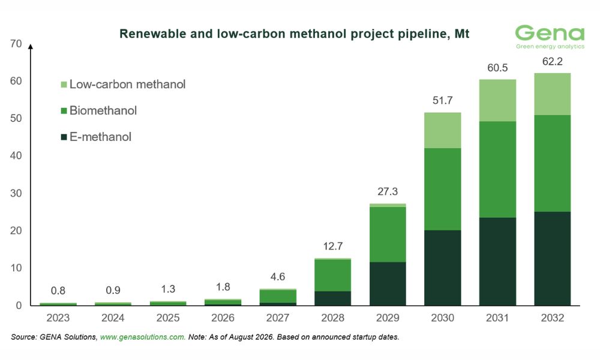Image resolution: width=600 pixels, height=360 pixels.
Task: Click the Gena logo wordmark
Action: pos(550,33)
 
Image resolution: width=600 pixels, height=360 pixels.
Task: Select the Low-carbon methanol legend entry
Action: pos(123,84)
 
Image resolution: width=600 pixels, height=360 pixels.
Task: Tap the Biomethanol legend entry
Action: pos(99,110)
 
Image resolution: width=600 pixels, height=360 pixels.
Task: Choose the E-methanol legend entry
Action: pos(96,137)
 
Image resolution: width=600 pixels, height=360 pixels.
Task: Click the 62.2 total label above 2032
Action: pos(552,62)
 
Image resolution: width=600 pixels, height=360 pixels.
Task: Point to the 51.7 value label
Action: pos(442,101)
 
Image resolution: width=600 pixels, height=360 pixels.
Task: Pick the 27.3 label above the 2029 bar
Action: pos(388,191)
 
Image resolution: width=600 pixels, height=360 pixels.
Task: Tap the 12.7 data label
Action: pos(332,246)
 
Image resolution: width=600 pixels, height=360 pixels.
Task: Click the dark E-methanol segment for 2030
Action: pos(442,268)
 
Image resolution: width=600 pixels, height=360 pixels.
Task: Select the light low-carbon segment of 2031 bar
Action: pos(497,101)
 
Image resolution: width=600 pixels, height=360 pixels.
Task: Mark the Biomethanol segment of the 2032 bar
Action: pos(552,163)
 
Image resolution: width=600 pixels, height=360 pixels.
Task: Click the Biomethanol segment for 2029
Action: pos(388,235)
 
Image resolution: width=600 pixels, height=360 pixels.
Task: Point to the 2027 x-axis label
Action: pos(278,318)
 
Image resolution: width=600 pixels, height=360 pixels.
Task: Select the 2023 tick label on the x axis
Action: pos(58,318)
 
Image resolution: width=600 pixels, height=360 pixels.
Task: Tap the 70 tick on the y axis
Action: pos(16,44)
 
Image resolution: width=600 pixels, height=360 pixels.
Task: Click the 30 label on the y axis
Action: pos(16,193)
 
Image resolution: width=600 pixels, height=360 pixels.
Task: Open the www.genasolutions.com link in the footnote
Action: pos(143,337)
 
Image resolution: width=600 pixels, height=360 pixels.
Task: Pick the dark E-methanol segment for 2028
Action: pos(332,298)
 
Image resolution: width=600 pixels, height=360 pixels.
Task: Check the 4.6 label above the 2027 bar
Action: pos(278,277)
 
